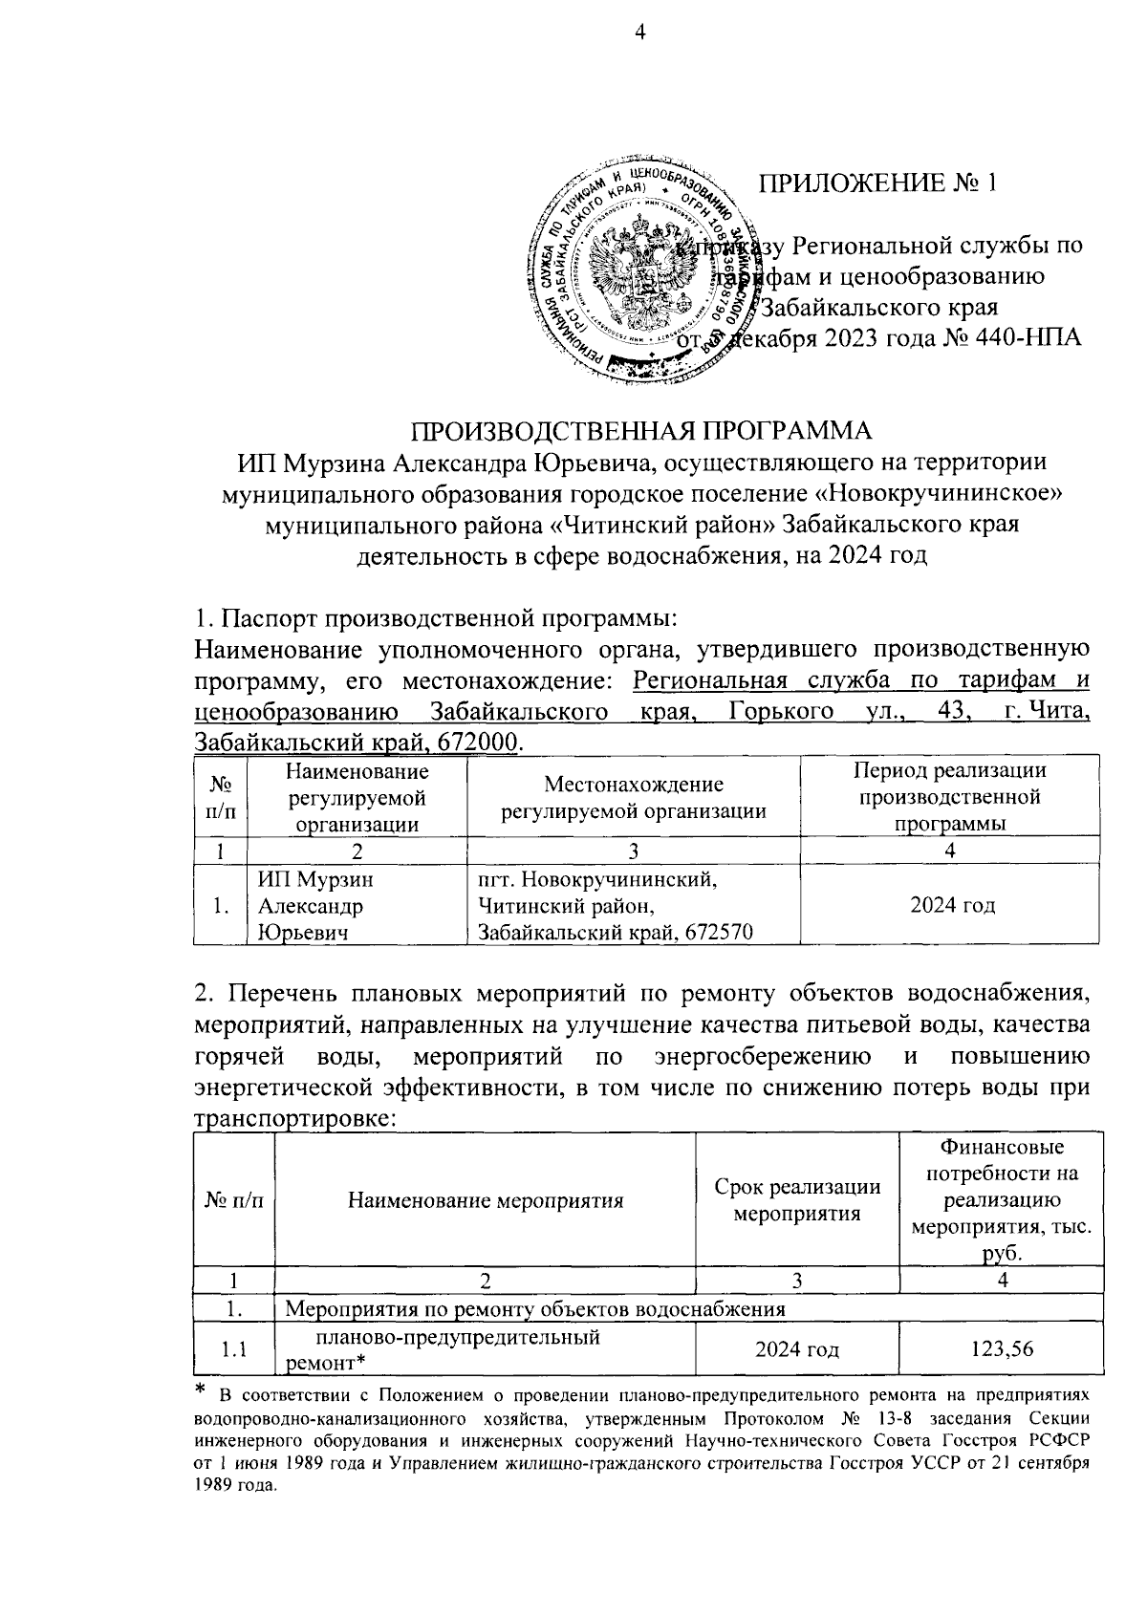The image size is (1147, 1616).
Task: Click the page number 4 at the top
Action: [x=640, y=33]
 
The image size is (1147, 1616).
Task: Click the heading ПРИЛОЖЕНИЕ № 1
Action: [x=878, y=183]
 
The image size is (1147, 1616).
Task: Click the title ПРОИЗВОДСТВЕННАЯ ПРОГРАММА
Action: [x=641, y=431]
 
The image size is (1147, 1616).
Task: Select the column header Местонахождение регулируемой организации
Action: [x=634, y=798]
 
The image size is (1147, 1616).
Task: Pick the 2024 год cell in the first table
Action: [x=951, y=905]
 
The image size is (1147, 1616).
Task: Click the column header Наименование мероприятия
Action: [x=485, y=1200]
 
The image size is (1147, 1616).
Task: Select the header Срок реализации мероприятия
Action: [x=797, y=1200]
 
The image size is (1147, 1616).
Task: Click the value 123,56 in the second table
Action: [x=1001, y=1349]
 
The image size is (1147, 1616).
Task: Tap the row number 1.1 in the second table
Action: [x=234, y=1349]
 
